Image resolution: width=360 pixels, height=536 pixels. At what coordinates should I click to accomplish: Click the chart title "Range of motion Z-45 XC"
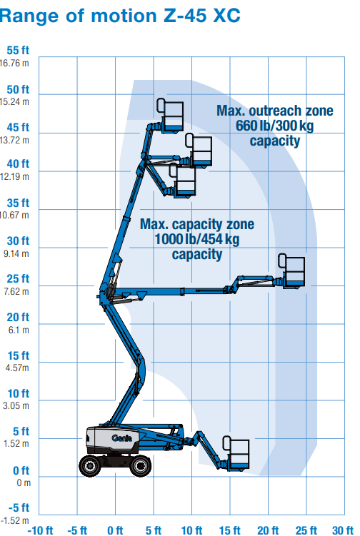(120, 16)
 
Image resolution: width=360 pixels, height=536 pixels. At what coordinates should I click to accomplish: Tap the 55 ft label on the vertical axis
(18, 50)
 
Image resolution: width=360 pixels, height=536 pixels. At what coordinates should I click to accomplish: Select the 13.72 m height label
(15, 140)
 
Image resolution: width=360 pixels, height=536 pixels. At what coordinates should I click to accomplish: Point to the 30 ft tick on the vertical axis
(18, 241)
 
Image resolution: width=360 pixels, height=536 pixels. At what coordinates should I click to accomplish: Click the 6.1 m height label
(19, 330)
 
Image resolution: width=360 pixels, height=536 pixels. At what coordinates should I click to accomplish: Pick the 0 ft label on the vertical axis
(21, 471)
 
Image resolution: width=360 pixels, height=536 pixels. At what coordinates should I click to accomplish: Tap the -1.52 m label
(15, 520)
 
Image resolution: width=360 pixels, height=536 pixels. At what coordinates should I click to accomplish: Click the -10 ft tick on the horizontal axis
(40, 530)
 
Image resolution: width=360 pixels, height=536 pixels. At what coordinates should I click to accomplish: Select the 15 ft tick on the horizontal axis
(229, 530)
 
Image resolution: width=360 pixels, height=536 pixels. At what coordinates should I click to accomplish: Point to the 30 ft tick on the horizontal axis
(343, 530)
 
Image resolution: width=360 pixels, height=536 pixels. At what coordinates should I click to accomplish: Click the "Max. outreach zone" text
(275, 111)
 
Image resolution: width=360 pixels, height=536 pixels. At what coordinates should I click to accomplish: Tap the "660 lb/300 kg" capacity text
(274, 126)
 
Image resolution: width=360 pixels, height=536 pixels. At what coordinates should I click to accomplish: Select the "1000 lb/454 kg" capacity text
(196, 239)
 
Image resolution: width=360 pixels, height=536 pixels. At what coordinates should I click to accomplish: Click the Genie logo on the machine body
(121, 438)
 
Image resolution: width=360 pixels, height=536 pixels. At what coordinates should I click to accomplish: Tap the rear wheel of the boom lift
(90, 465)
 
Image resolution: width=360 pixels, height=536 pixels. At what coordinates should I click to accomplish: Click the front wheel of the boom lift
(140, 465)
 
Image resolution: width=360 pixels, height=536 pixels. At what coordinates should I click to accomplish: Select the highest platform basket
(171, 116)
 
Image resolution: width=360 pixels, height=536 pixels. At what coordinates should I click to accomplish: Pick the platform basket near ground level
(236, 453)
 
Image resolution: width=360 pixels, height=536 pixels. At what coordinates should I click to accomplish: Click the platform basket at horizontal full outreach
(291, 270)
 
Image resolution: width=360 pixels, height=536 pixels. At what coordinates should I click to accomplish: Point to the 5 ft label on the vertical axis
(21, 431)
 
